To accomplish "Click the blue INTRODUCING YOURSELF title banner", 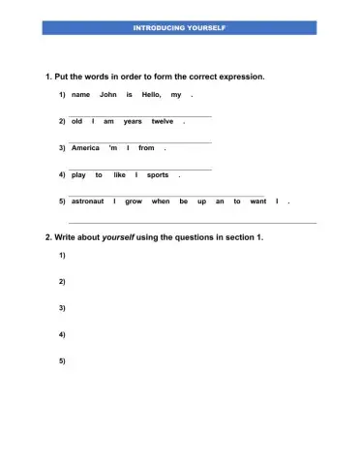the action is (x=179, y=27).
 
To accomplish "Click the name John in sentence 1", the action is (x=107, y=95).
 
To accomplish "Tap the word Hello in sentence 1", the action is (x=151, y=95).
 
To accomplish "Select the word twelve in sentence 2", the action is (x=162, y=122).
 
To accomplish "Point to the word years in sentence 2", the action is (x=133, y=122).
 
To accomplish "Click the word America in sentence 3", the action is (x=85, y=148).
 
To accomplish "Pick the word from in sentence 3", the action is (x=146, y=148).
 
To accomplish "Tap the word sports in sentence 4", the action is (x=158, y=174).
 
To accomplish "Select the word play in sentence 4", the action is (x=79, y=174).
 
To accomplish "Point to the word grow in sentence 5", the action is (x=134, y=201).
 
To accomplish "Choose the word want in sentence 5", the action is (x=257, y=201).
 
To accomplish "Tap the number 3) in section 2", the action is (x=62, y=308).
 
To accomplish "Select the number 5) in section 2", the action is (x=62, y=360).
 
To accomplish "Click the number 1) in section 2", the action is (x=62, y=255).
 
